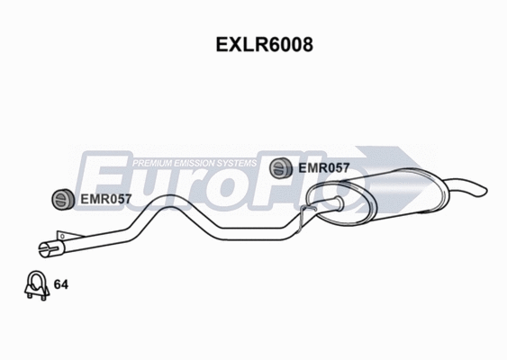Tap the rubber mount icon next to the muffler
[x=281, y=166]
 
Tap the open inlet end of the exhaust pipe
[x=46, y=247]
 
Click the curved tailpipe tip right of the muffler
[x=473, y=188]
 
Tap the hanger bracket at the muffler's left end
[x=309, y=211]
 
